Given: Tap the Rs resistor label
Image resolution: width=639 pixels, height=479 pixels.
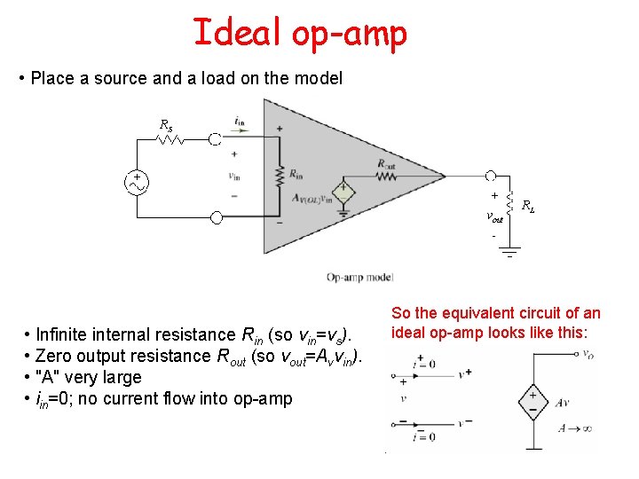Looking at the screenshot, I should [x=165, y=125].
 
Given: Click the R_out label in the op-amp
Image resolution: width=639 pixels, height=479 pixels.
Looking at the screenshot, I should [x=387, y=163].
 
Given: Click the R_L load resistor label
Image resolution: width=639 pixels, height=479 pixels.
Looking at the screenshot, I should [x=527, y=207].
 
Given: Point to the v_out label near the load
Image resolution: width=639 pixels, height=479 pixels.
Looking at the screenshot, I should [x=494, y=216].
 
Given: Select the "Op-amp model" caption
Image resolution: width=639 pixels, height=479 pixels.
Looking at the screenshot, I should [x=359, y=278].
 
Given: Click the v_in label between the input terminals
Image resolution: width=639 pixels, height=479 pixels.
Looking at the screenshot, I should [x=234, y=175].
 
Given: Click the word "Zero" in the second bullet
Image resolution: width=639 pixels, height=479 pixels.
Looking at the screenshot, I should [x=53, y=357].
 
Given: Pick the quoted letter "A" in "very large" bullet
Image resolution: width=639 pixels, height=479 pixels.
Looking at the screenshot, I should [x=44, y=378].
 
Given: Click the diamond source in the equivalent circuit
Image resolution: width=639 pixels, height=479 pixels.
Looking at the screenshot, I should [x=532, y=401].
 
